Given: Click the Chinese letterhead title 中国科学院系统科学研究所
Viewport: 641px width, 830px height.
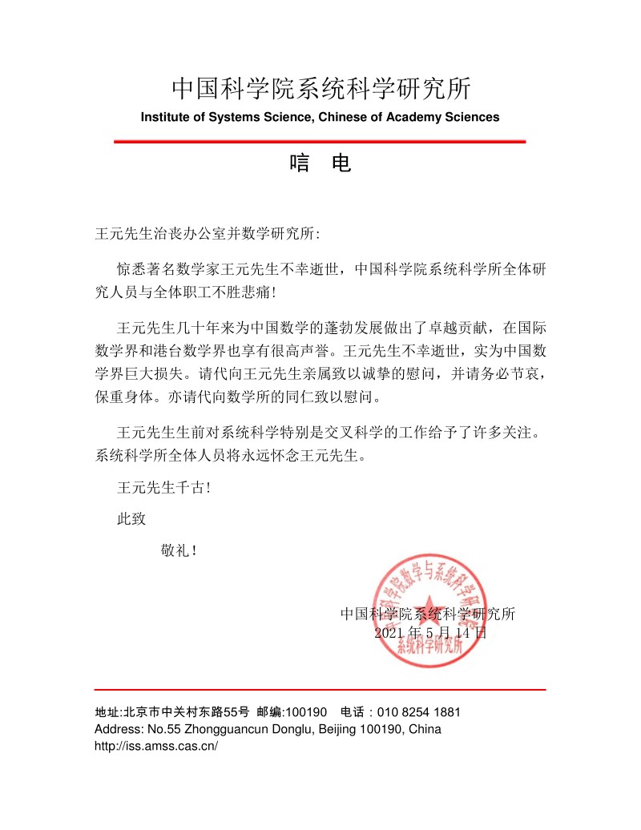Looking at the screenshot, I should tap(320, 87).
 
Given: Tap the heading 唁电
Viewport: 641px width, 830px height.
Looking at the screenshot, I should tap(320, 165).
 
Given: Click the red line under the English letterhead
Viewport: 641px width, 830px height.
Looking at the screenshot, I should tap(320, 142).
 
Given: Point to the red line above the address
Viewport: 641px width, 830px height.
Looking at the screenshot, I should tap(320, 689).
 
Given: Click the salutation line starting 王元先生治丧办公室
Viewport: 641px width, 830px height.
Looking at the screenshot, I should tap(207, 234).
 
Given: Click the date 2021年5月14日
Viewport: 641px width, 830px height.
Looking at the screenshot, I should tap(430, 632).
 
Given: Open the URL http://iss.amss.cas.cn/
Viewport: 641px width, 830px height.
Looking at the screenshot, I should tap(156, 746).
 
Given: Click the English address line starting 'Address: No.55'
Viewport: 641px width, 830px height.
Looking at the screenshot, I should tap(268, 729).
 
